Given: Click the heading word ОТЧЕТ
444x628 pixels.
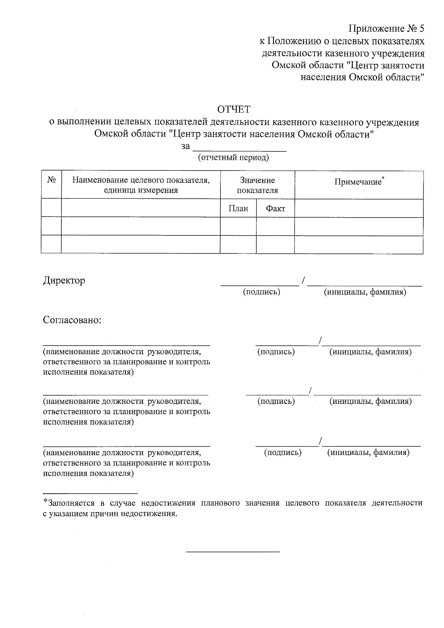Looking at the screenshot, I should click(x=233, y=110).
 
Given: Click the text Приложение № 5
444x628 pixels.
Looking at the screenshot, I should click(x=386, y=29).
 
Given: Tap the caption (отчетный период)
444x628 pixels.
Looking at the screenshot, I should click(x=233, y=158).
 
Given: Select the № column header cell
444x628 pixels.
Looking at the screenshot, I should click(x=51, y=180).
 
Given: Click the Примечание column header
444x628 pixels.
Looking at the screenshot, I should click(x=358, y=182).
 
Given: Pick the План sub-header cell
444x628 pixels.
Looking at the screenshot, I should click(x=238, y=208).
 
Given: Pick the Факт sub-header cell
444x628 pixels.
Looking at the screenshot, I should click(x=276, y=208).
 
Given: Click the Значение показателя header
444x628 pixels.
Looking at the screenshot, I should click(x=258, y=185).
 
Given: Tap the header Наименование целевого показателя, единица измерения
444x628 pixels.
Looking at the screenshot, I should click(x=141, y=185).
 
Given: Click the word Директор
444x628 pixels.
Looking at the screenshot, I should click(x=64, y=281).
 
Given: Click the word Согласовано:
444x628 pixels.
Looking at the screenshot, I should click(x=72, y=320).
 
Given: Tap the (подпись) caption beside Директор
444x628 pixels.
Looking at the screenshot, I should click(x=261, y=292).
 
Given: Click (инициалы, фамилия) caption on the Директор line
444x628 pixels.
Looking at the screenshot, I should click(x=365, y=292).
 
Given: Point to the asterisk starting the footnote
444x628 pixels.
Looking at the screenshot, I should click(x=46, y=501).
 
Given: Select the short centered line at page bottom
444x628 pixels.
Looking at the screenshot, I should click(x=233, y=552).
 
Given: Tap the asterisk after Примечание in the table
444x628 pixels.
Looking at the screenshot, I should click(x=383, y=178).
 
